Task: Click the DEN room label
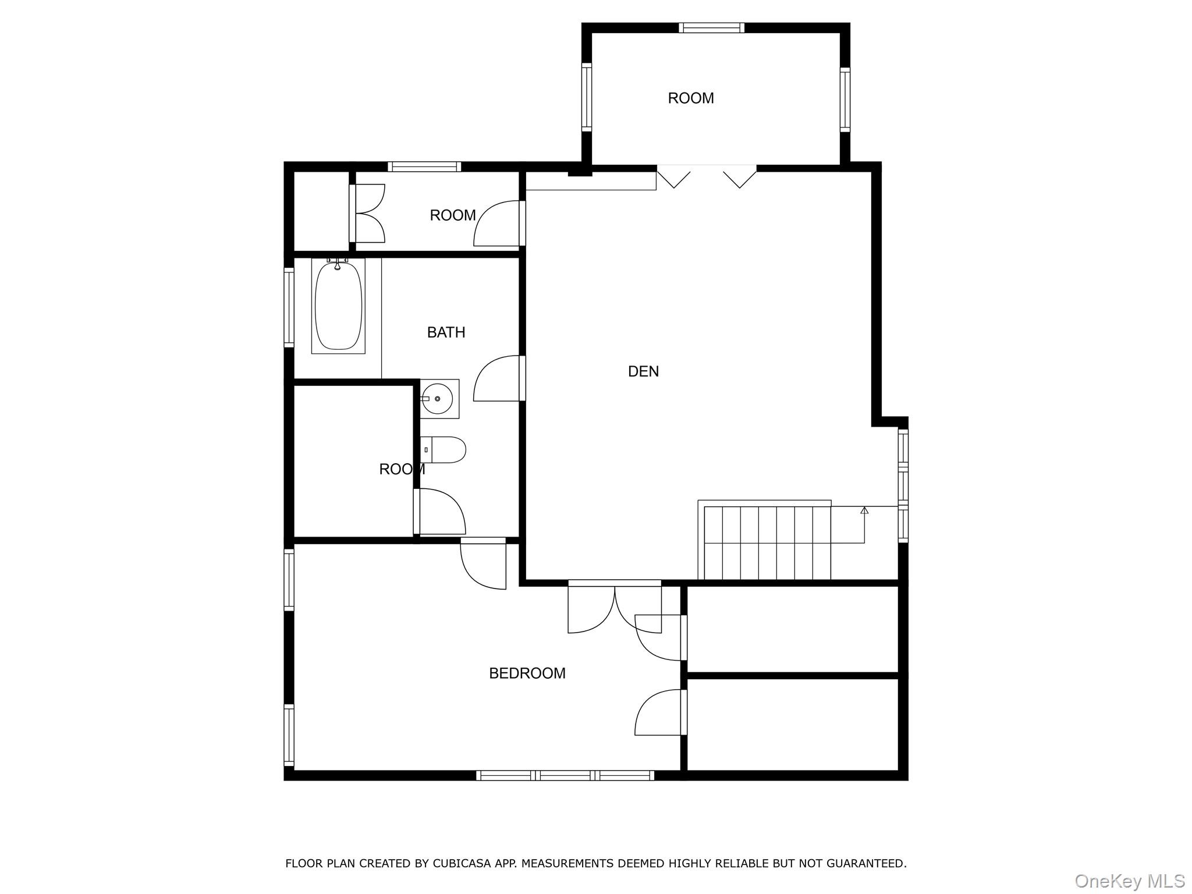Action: [643, 371]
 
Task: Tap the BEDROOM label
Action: [527, 673]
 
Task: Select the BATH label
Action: [446, 332]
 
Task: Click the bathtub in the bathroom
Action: [338, 306]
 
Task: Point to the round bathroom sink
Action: [437, 399]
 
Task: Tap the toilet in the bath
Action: [443, 450]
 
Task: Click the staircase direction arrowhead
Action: [864, 510]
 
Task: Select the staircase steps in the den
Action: [767, 542]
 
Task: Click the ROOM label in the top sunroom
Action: [691, 98]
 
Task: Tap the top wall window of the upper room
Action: [711, 27]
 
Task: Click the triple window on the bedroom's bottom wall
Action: [565, 775]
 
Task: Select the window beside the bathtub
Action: [289, 307]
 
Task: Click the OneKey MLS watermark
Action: [1130, 881]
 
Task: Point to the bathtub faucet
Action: [337, 264]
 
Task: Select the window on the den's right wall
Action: [903, 485]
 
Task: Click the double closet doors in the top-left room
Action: [368, 214]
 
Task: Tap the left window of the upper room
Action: [587, 97]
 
